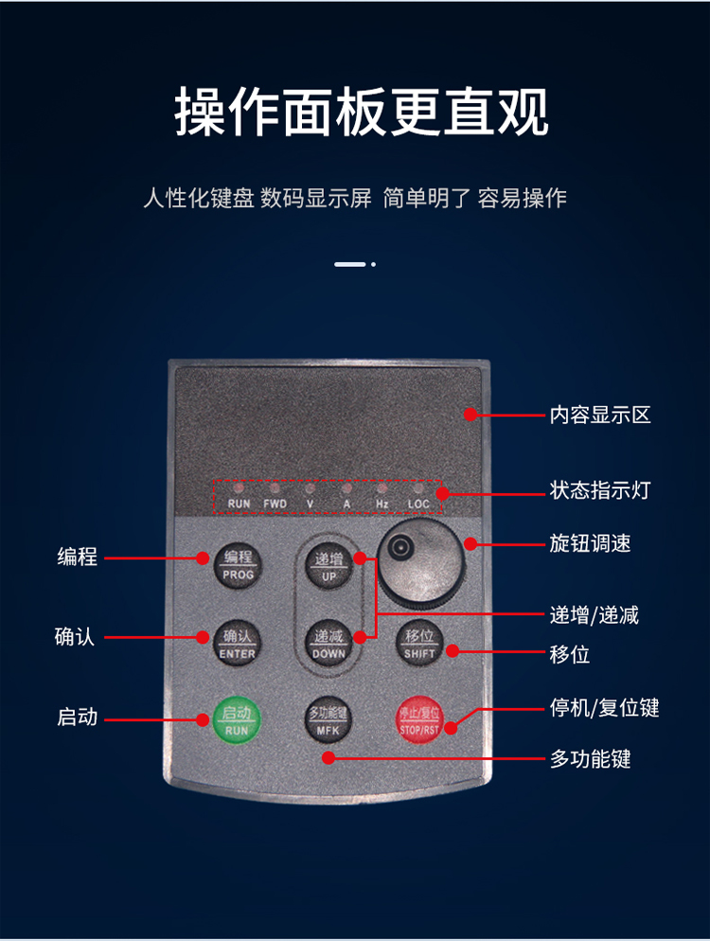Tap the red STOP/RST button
pos(419,719)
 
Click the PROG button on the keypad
pos(238,565)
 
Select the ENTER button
pos(237,644)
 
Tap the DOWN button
pos(328,644)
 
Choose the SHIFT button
pos(419,644)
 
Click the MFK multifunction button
pos(328,720)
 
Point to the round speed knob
pos(420,561)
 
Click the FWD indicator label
pos(275,504)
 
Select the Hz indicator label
pos(382,504)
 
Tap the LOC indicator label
pos(418,504)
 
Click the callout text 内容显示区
pos(600,415)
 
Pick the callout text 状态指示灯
pos(600,490)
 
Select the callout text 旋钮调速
pos(590,543)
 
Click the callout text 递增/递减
pos(595,615)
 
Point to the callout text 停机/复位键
pos(604,707)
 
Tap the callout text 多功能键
pos(590,758)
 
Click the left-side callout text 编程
pos(78,557)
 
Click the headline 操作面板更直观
pos(362,112)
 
